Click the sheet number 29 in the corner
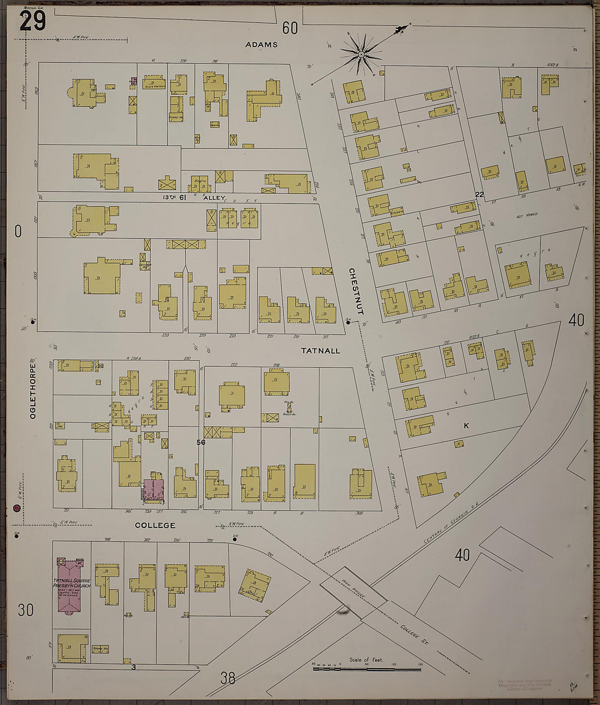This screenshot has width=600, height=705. coord(33,21)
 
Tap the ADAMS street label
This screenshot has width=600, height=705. coord(261,45)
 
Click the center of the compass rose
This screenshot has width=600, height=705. coord(361,54)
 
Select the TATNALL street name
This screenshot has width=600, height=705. coord(320,351)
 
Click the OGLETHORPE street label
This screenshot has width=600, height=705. coord(33,389)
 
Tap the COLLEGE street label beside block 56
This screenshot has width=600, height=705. coord(155,525)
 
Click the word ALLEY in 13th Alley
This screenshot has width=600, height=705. coord(214,198)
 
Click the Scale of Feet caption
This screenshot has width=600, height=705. coord(366,660)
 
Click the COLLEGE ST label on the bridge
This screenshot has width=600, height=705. coord(415,636)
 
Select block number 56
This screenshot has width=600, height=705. coord(201,442)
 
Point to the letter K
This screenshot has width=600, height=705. coord(466,425)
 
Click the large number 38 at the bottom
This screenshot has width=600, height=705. coord(228,678)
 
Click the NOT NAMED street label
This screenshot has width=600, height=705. coord(526,215)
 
